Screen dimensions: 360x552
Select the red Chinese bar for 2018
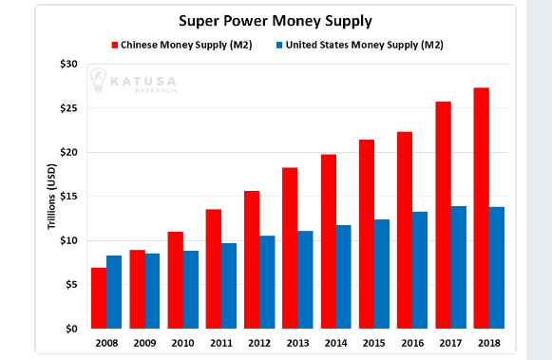[482, 208]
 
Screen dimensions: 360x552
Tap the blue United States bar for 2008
[114, 292]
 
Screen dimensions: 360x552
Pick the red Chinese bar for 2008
[99, 298]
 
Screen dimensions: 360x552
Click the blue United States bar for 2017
[458, 267]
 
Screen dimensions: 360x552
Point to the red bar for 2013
[291, 248]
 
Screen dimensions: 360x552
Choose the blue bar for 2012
[267, 282]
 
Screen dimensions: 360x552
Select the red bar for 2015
[367, 234]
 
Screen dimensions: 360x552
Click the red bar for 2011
[214, 269]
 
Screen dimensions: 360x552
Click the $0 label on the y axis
[69, 329]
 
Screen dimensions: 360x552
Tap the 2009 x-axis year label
[144, 343]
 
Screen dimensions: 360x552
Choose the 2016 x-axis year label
[412, 343]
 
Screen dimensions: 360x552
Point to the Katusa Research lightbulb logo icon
[98, 80]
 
